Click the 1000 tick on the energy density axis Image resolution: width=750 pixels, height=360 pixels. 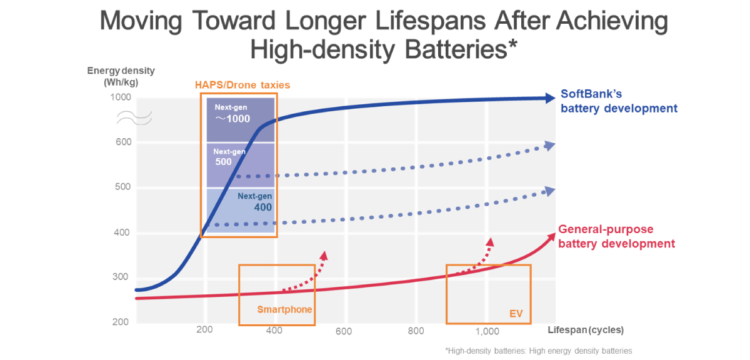(x=121, y=97)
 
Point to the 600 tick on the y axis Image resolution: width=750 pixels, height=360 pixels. (x=123, y=142)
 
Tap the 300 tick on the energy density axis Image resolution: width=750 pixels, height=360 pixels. (x=123, y=277)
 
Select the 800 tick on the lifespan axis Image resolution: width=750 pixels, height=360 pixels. (x=416, y=331)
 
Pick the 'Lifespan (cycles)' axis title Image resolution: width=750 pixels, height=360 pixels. (x=586, y=329)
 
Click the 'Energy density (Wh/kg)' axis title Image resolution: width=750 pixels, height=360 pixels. (x=121, y=76)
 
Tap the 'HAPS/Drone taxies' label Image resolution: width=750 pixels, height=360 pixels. (x=243, y=85)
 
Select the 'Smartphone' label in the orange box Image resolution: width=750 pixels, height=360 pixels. (x=284, y=309)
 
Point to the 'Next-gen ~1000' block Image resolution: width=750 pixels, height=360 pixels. (x=241, y=119)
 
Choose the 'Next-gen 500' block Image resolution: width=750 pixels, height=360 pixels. (x=241, y=165)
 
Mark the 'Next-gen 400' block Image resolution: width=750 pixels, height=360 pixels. (x=241, y=211)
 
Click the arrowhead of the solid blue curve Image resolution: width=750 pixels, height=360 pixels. (x=549, y=98)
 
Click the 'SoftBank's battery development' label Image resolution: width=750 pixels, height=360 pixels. (x=618, y=101)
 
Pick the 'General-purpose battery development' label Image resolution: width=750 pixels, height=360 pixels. (x=617, y=236)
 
